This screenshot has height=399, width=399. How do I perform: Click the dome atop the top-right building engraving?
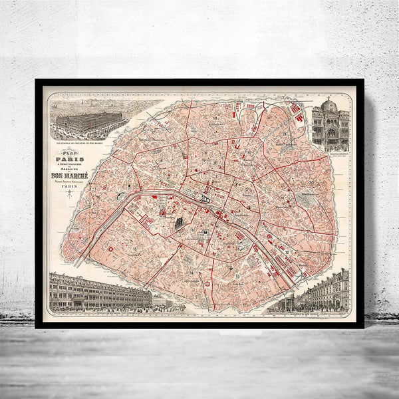[329, 106]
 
